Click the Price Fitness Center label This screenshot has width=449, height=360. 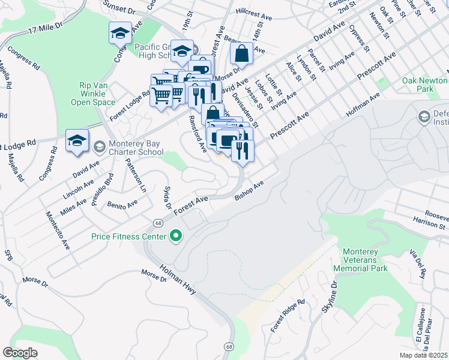tap(128, 237)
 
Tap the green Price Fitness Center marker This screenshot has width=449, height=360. tap(176, 237)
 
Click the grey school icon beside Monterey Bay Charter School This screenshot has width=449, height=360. tap(99, 146)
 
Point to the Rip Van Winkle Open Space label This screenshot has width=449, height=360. tap(97, 94)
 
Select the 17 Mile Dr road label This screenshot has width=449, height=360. tap(41, 29)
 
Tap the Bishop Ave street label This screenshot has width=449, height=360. tap(249, 192)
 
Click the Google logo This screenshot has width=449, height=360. tap(20, 353)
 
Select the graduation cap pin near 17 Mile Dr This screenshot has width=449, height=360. tap(120, 34)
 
